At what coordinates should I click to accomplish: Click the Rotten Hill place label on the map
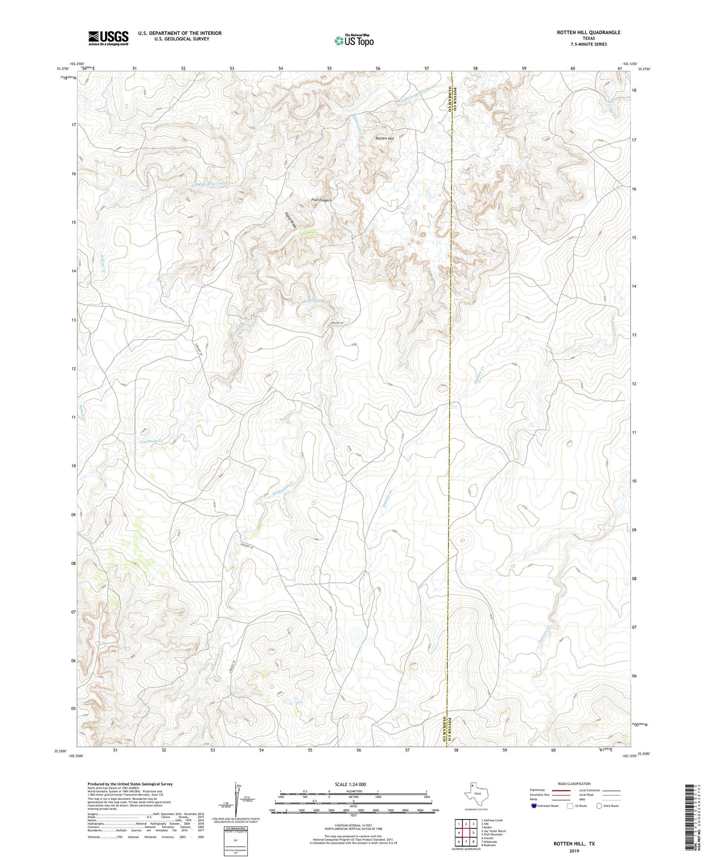click(384, 139)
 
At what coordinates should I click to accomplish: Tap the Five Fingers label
click(321, 200)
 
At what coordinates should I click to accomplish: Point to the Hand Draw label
click(290, 219)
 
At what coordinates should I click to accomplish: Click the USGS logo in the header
click(108, 38)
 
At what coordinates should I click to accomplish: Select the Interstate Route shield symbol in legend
click(534, 806)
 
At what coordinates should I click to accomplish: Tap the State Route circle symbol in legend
click(599, 806)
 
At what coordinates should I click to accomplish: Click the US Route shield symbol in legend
click(570, 806)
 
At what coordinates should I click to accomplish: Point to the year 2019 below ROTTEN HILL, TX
click(574, 851)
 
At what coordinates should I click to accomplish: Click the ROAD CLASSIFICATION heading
click(574, 784)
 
